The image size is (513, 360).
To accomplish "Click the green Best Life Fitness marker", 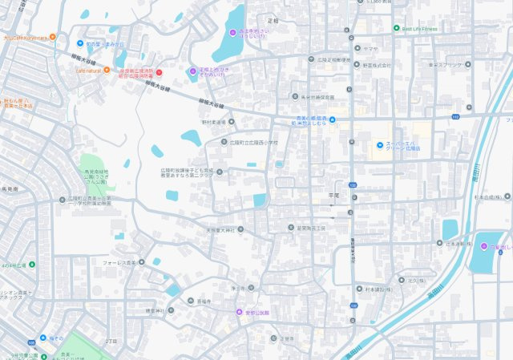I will pyautogui.click(x=396, y=28).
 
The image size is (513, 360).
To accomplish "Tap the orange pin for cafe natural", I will pyautogui.click(x=107, y=71).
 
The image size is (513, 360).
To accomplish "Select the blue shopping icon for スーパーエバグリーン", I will pyautogui.click(x=379, y=145).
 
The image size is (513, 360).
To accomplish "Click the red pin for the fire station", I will pyautogui.click(x=158, y=73).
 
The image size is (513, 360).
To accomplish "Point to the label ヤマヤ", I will pyautogui.click(x=370, y=48).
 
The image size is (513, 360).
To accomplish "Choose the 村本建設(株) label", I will pyautogui.click(x=380, y=289).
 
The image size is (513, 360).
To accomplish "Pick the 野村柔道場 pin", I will pyautogui.click(x=231, y=122).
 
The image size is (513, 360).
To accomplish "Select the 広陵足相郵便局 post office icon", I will pyautogui.click(x=309, y=59).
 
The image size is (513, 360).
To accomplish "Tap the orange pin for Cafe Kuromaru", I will pyautogui.click(x=52, y=36).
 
